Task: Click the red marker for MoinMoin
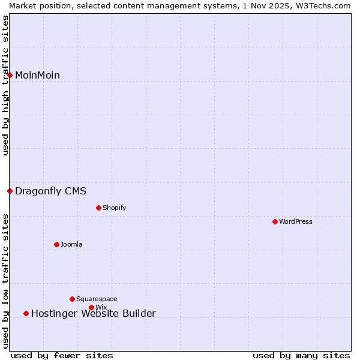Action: (10, 75)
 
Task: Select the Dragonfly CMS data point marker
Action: (10, 191)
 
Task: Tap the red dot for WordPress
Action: (275, 222)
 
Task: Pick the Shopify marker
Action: (99, 208)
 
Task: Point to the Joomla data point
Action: (57, 244)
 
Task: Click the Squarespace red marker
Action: (73, 299)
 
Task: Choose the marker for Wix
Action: (92, 308)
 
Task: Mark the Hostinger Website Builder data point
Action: (26, 313)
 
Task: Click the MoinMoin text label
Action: (37, 75)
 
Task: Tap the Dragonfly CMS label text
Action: (50, 191)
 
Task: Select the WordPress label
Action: (296, 222)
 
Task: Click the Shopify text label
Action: (115, 208)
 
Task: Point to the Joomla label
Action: (71, 244)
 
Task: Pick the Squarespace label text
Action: (97, 299)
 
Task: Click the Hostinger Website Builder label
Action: (94, 313)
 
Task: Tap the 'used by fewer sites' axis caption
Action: (62, 356)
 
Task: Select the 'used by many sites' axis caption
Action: (301, 356)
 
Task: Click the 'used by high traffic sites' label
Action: (5, 85)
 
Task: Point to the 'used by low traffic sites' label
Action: (5, 281)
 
